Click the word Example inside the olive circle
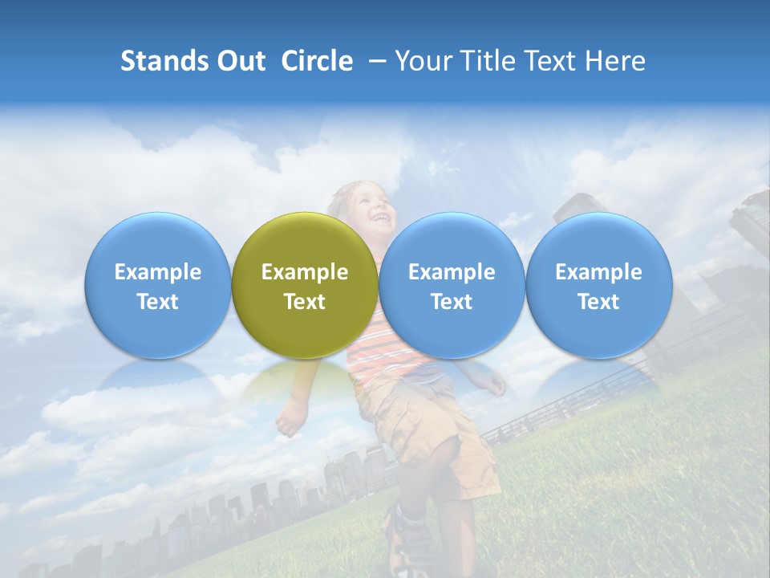pos(305,272)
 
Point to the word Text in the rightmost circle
pos(598,302)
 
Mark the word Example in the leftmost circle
pos(157,272)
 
